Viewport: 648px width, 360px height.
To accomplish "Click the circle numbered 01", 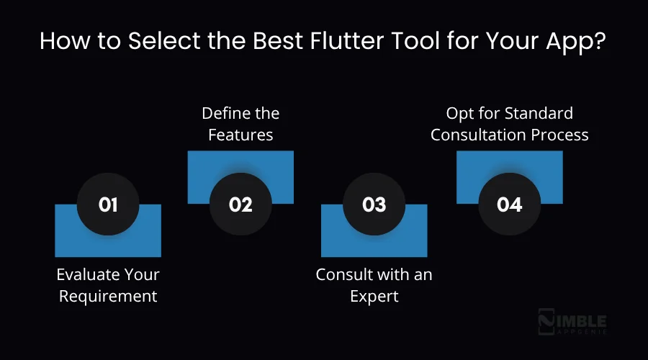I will coord(108,204).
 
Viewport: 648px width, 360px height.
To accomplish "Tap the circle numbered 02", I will coord(240,204).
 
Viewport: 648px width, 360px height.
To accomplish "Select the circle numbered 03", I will coord(374,204).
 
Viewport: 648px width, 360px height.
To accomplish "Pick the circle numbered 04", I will coord(509,204).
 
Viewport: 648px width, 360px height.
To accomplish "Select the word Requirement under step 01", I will coord(108,296).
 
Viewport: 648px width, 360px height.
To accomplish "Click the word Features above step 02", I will coord(240,135).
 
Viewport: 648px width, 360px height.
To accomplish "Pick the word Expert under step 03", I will coord(374,296).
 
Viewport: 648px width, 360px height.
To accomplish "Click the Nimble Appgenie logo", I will coord(573,325).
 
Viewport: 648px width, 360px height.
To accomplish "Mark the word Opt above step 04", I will coord(459,113).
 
